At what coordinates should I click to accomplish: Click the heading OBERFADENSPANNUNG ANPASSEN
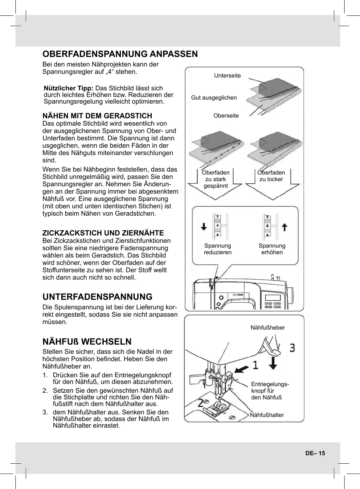(120, 54)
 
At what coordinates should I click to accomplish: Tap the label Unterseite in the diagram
(227, 76)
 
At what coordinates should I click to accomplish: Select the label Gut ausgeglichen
(214, 98)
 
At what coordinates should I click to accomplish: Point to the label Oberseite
(226, 116)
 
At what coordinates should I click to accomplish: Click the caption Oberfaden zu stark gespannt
(216, 179)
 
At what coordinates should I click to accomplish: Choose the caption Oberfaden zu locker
(271, 176)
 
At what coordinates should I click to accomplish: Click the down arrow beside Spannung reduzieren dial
(204, 226)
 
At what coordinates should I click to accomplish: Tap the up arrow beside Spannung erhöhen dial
(284, 226)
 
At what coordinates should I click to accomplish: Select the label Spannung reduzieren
(217, 249)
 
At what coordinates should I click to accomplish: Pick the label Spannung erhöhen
(272, 249)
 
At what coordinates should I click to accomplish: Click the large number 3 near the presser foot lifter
(292, 348)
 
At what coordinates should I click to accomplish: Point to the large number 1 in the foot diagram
(255, 365)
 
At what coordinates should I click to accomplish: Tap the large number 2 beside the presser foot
(201, 403)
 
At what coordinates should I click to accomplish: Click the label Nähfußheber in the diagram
(267, 328)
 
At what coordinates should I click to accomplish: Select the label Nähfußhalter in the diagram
(267, 415)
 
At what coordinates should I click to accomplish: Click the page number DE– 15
(315, 453)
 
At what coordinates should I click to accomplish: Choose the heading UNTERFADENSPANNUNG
(97, 297)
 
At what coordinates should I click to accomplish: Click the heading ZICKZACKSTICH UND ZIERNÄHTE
(103, 233)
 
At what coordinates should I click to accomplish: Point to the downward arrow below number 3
(273, 363)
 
